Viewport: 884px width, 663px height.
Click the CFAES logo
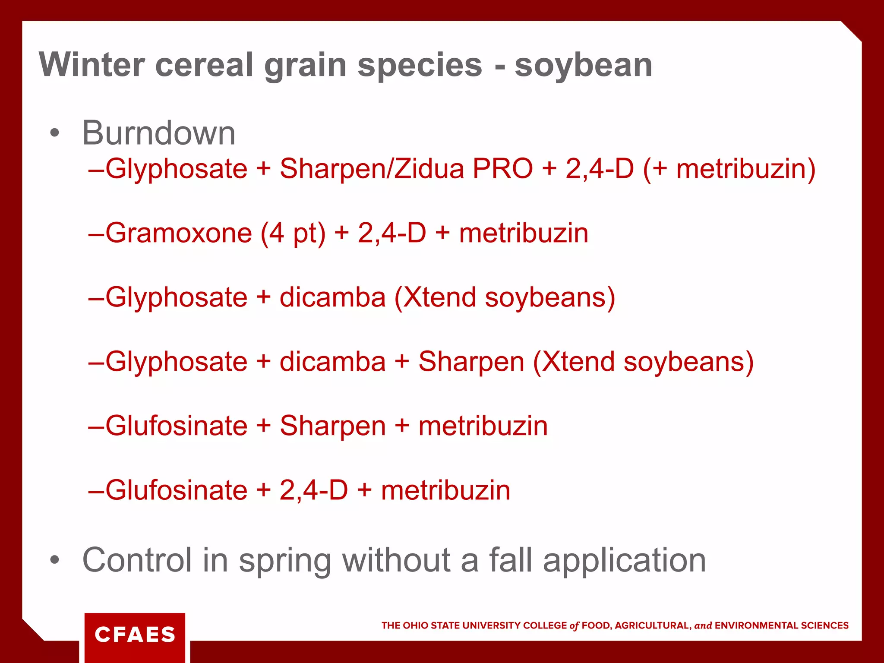coord(135,635)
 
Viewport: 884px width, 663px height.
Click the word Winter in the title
coord(92,65)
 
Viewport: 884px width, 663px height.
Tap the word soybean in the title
coord(583,65)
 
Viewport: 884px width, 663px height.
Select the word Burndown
coord(159,133)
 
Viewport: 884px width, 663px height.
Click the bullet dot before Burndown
coord(54,133)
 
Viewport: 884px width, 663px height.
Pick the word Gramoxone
coord(179,233)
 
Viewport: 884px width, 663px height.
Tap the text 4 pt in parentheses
coord(293,233)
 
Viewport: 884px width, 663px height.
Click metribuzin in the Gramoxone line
coord(524,233)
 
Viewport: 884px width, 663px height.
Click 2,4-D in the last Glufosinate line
coord(314,490)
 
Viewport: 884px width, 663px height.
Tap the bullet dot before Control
coord(54,560)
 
